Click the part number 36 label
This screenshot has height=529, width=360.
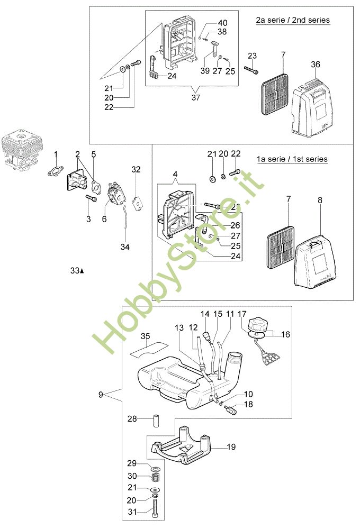click(316, 64)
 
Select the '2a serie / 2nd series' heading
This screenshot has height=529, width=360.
click(293, 20)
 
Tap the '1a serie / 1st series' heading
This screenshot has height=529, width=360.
click(292, 159)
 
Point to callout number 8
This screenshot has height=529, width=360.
click(320, 200)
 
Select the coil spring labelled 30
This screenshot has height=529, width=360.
click(156, 477)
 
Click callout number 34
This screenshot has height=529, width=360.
click(125, 247)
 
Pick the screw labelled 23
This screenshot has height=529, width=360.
click(251, 68)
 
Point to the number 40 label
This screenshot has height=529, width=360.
click(222, 23)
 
